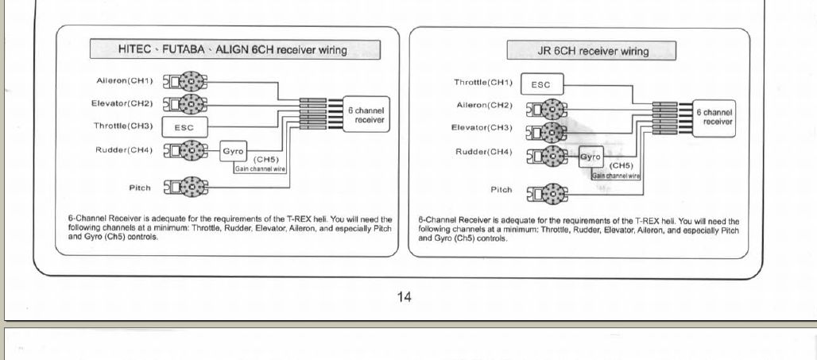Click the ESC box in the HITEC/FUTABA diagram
tap(184, 127)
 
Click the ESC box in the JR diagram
tap(542, 84)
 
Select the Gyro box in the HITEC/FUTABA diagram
tap(233, 152)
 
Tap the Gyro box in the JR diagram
tap(590, 157)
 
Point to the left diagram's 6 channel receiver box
tap(366, 114)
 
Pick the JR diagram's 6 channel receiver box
tap(714, 118)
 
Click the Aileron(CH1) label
tap(125, 81)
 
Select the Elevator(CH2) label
tap(122, 103)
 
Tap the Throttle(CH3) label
tap(123, 126)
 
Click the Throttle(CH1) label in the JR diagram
tap(483, 83)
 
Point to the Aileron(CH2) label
tap(485, 105)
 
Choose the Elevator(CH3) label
tap(482, 128)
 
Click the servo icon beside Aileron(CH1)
tap(185, 82)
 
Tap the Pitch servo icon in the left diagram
tap(185, 187)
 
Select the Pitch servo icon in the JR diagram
tap(547, 195)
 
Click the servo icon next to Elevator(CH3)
tap(547, 133)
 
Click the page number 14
tap(404, 297)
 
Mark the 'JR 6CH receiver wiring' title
tap(593, 51)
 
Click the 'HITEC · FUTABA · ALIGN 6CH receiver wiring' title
tap(232, 50)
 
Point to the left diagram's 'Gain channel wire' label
tap(260, 168)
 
